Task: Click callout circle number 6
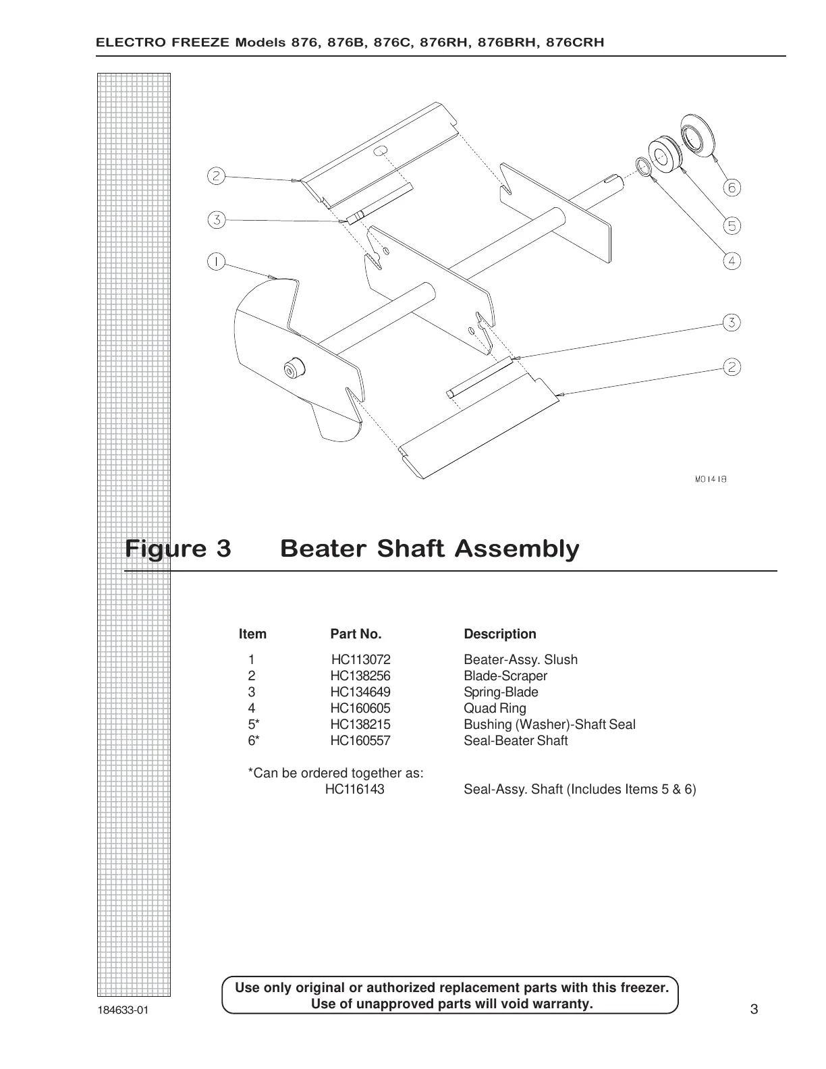(732, 188)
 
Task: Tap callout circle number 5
(732, 225)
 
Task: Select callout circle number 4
(732, 261)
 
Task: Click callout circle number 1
(215, 261)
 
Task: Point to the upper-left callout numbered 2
(215, 176)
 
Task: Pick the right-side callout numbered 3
(732, 323)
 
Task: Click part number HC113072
(360, 659)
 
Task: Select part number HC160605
(360, 708)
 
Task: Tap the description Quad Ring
(495, 708)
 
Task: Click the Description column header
(499, 634)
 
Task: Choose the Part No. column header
(356, 634)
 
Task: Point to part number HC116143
(355, 789)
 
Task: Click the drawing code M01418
(710, 479)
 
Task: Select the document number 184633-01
(121, 1010)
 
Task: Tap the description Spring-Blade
(501, 692)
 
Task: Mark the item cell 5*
(253, 724)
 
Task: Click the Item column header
(252, 634)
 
